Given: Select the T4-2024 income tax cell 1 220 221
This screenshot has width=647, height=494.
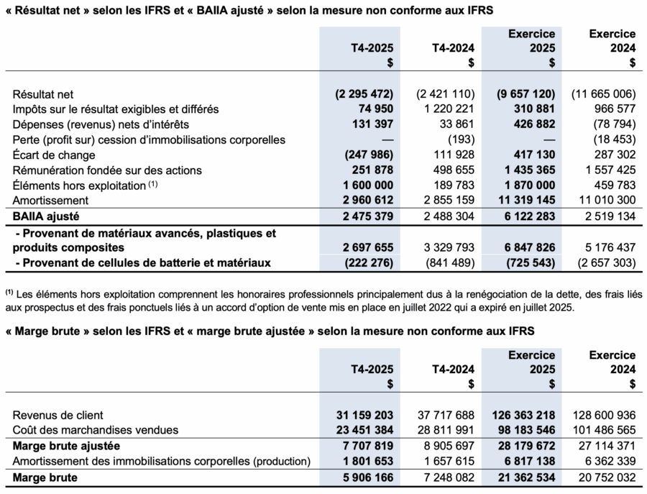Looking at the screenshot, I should tap(445, 109).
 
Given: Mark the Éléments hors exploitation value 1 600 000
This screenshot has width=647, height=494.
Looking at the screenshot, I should tap(364, 185).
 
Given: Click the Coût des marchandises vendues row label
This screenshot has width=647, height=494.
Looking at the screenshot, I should tap(91, 430).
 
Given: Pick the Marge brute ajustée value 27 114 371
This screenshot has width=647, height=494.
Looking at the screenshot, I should tap(604, 446).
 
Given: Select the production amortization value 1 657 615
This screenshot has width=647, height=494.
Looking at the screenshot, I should tap(445, 461).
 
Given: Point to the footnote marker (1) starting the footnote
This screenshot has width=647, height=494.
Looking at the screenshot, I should tap(9, 293).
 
